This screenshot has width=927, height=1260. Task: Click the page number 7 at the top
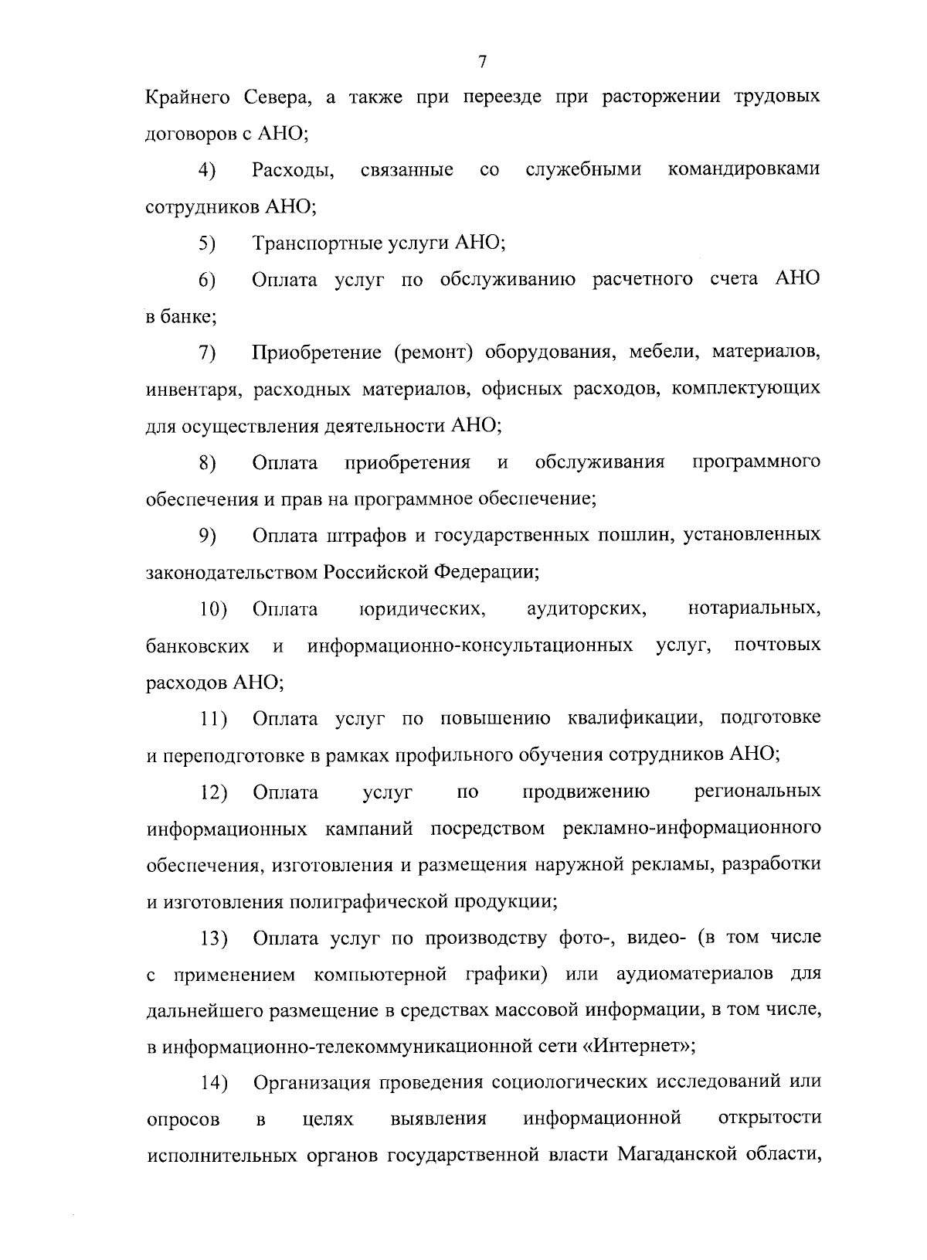click(x=482, y=62)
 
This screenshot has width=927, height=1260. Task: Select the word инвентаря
click(x=186, y=390)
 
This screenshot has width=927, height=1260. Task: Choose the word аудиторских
click(x=586, y=609)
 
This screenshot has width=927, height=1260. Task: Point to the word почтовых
click(x=777, y=645)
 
